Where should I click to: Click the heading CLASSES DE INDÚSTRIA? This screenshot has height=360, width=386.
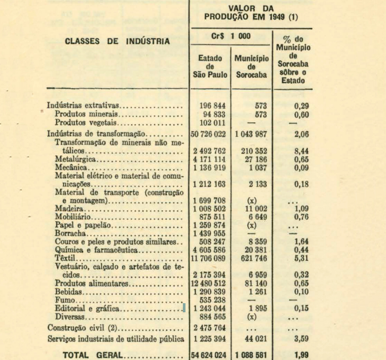pos(117,42)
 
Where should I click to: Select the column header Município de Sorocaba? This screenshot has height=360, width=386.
pos(252,66)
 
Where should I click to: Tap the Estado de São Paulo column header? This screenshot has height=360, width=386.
pos(210,66)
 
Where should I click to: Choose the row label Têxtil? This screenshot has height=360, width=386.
pos(62,258)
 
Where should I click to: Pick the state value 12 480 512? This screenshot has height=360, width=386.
pos(210,284)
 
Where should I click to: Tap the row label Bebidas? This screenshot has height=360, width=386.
pos(68,292)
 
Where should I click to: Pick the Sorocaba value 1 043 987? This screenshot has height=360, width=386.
pos(252,134)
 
